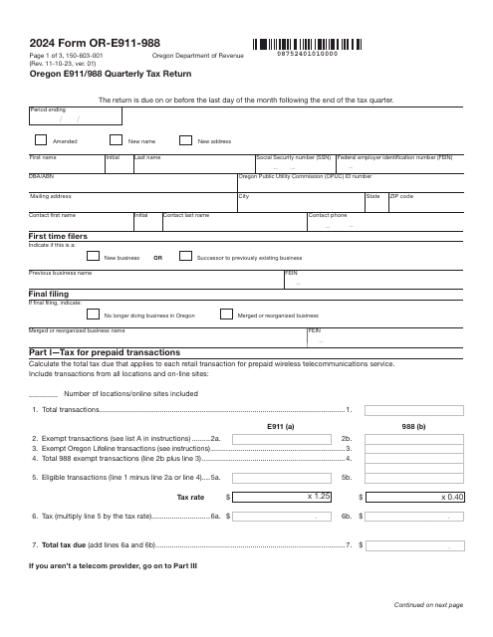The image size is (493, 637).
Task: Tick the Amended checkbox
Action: click(x=41, y=140)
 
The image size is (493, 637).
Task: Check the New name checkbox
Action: click(x=116, y=140)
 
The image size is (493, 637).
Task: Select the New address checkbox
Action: click(x=185, y=140)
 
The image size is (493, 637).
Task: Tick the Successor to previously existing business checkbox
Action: click(x=184, y=256)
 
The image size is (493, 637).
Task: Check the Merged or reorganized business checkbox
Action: click(x=225, y=314)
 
